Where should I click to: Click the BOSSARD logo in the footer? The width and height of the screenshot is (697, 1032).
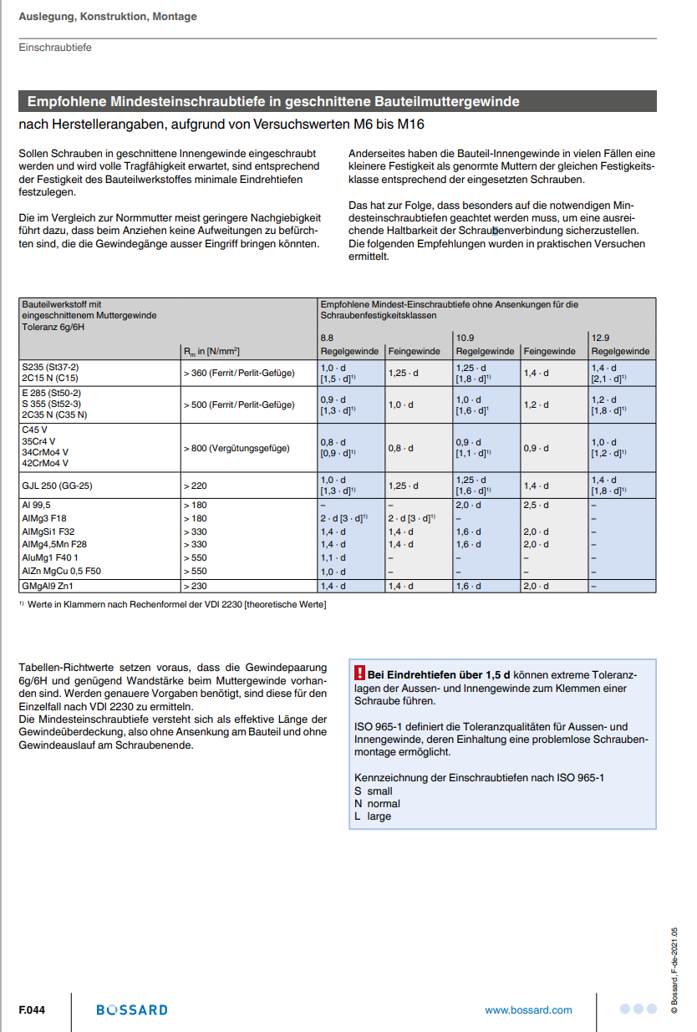(x=132, y=1009)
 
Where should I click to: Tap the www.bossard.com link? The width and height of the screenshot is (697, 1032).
(x=528, y=1009)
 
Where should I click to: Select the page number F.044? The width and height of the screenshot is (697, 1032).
(x=32, y=1009)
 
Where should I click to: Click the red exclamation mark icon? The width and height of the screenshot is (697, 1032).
(x=360, y=673)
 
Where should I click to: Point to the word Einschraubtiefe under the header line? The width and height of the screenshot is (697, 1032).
(x=55, y=48)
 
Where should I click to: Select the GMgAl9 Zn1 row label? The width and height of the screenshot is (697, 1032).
(x=48, y=586)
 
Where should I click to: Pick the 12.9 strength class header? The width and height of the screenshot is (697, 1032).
(x=601, y=338)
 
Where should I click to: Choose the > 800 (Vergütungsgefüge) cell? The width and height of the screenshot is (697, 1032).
(x=237, y=448)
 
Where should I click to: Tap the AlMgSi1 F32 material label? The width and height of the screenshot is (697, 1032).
(x=48, y=531)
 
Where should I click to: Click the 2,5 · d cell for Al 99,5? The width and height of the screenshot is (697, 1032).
(x=537, y=505)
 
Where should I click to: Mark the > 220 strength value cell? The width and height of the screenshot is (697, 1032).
(x=196, y=485)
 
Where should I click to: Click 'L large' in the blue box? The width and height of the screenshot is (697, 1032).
(x=373, y=816)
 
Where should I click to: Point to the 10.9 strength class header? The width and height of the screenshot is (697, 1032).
(x=465, y=338)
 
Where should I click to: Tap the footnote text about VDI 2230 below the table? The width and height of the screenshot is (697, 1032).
(x=176, y=604)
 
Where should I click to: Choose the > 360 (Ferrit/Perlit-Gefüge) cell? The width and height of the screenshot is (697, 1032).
(x=239, y=373)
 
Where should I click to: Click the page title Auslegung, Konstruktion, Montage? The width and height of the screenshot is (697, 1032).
(x=108, y=17)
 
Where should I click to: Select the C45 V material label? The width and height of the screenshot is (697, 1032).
(x=34, y=429)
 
